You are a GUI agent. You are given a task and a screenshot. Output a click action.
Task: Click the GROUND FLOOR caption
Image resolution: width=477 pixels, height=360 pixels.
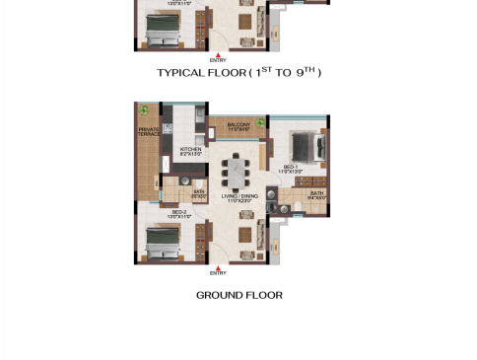[x=238, y=295]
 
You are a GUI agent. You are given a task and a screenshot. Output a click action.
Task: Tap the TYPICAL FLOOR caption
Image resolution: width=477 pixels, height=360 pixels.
[x=238, y=73]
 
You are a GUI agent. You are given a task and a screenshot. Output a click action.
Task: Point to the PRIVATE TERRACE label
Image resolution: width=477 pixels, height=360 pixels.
[x=148, y=132]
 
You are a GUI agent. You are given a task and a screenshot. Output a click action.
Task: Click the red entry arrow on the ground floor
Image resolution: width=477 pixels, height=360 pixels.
[x=218, y=265]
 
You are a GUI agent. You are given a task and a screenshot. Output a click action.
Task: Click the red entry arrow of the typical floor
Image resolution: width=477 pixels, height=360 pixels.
[x=218, y=53]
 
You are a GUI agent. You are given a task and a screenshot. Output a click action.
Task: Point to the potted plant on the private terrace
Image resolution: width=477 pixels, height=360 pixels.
[x=144, y=109]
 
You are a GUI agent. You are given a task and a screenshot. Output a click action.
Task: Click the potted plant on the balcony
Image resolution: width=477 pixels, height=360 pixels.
[x=262, y=122]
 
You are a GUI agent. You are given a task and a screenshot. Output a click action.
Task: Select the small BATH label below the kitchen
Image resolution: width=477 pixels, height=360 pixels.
[x=199, y=193]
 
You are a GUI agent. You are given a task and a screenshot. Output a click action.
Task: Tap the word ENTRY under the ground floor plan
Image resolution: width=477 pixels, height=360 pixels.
[x=218, y=273]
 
